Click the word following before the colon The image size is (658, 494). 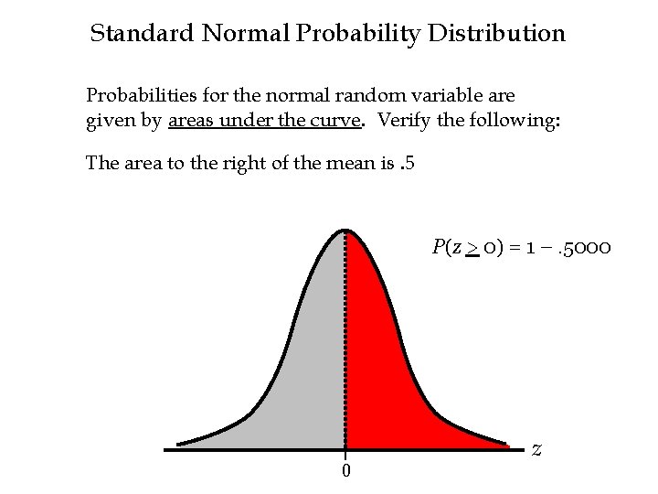tap(510, 119)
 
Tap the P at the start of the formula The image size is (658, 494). tap(439, 248)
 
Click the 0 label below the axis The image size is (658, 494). tap(345, 471)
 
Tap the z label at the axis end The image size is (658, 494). tap(536, 448)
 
